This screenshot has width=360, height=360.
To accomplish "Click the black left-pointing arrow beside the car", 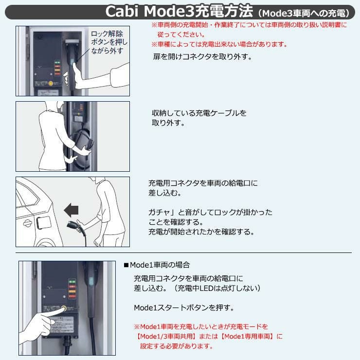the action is click(71, 210).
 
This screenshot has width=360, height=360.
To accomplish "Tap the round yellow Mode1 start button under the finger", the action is click(63, 308).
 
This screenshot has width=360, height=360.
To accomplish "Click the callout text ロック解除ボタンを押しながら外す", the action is click(109, 42).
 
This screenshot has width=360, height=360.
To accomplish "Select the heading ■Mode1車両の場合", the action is click(157, 265).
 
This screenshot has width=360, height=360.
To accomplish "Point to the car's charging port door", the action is click(44, 223).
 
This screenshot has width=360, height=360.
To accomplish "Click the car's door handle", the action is click(27, 223).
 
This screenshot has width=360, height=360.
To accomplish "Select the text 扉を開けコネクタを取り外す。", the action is click(203, 57).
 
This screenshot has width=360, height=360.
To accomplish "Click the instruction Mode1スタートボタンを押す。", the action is click(184, 307).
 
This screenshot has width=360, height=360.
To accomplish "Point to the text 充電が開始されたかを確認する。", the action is click(201, 232).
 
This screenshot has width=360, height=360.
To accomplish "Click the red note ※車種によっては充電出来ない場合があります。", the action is click(219, 44).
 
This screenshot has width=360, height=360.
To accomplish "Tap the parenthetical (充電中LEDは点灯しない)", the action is click(217, 288).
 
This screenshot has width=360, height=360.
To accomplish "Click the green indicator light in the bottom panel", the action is click(72, 281).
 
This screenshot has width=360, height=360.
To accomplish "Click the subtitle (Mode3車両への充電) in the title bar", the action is click(304, 13).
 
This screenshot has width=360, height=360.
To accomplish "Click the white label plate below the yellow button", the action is click(61, 324).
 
